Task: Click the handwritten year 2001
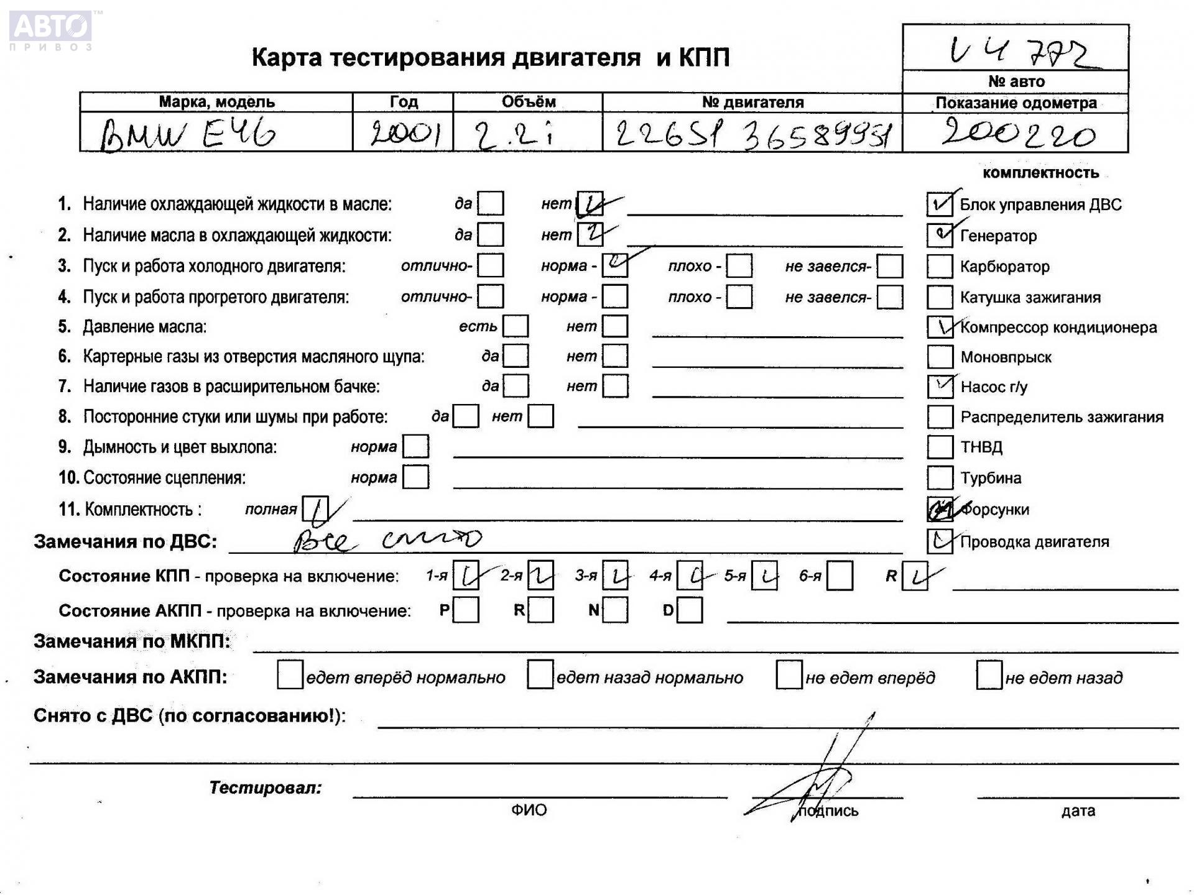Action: click(x=404, y=134)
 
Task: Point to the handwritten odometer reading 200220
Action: click(x=1017, y=134)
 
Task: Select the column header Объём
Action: click(x=528, y=102)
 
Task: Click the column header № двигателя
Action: click(x=752, y=102)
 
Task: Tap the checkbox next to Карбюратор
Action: click(x=939, y=267)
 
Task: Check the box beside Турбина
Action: click(x=939, y=478)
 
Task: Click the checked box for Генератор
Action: click(x=939, y=235)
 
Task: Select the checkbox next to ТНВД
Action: click(x=939, y=447)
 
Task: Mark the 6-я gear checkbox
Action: click(x=840, y=576)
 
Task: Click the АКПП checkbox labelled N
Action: click(x=615, y=610)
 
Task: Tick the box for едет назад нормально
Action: click(x=540, y=676)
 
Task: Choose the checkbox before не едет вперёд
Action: click(x=789, y=676)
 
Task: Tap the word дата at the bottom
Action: click(x=1078, y=810)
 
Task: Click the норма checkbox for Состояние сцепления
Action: click(x=415, y=477)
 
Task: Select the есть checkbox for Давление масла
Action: click(x=516, y=326)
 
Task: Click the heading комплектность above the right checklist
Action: click(x=1040, y=173)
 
